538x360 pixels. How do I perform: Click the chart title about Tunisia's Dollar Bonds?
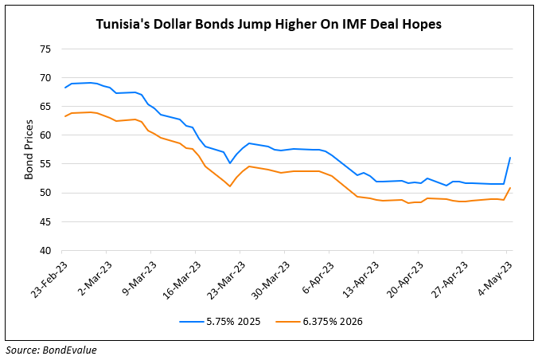(x=269, y=25)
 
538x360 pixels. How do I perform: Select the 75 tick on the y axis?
(x=45, y=49)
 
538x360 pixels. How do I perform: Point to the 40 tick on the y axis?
(x=45, y=250)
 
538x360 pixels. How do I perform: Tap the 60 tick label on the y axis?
(x=45, y=135)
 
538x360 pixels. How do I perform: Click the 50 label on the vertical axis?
(x=45, y=193)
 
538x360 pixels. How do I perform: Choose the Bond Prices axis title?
(x=29, y=149)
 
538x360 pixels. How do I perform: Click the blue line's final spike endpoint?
(x=509, y=158)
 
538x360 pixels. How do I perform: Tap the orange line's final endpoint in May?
(x=509, y=188)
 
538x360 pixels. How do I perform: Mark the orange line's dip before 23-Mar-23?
(x=230, y=186)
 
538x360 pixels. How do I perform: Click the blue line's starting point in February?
(x=64, y=88)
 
